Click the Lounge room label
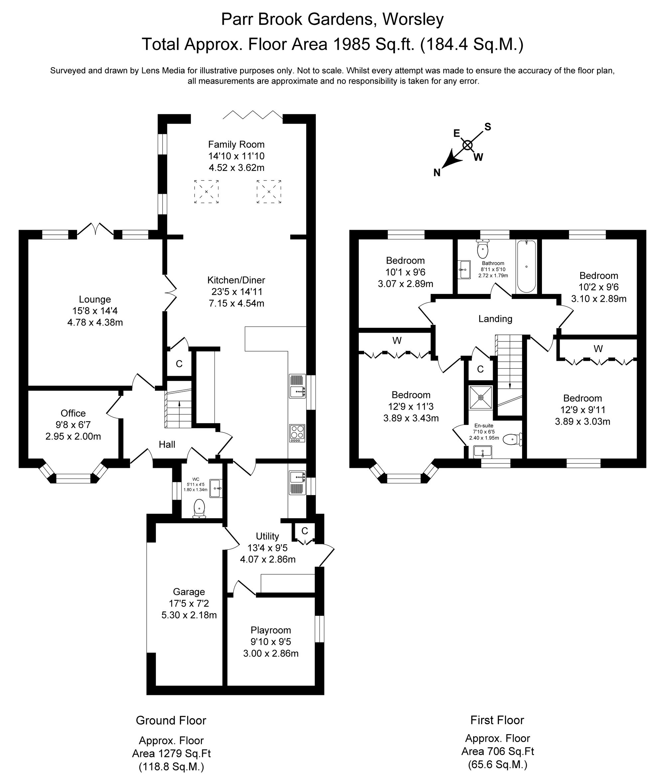tap(95, 299)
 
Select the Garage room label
tap(189, 592)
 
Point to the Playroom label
tap(271, 630)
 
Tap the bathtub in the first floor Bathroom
tap(526, 266)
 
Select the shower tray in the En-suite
tap(481, 397)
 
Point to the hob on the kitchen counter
tap(297, 433)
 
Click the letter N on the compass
tap(437, 173)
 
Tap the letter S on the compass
tap(488, 127)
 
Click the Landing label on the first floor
tap(495, 319)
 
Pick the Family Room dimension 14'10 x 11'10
tap(236, 156)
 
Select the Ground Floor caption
tap(171, 720)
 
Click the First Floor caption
tap(497, 720)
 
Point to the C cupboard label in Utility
tap(305, 531)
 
